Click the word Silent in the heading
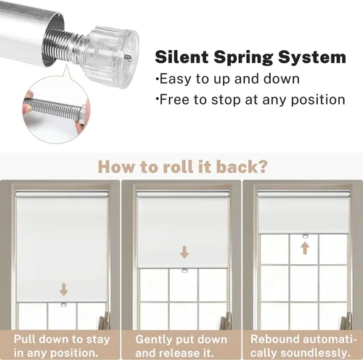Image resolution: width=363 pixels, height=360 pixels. point(181,57)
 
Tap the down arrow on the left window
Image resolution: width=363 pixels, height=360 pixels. point(64,290)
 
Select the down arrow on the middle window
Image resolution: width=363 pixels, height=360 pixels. point(184,253)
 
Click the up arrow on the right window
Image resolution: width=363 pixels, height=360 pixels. point(305,249)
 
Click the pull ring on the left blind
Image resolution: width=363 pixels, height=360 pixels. point(64,305)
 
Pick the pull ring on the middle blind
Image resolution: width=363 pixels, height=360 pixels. point(185,271)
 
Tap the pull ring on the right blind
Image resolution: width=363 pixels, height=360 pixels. point(306,236)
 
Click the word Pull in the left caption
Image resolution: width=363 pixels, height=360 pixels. point(25,339)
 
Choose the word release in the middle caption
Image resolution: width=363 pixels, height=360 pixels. point(176,353)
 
